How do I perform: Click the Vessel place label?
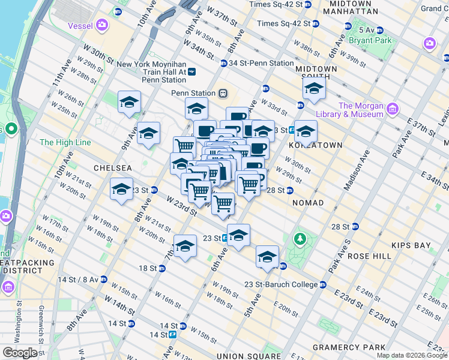pos(80,26)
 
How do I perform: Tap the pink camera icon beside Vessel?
pos(103,25)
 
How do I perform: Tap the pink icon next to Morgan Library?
pos(393,109)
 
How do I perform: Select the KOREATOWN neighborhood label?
pos(315,145)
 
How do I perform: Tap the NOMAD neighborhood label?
pos(307,203)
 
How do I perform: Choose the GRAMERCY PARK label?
pos(349,347)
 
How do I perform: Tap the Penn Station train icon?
pos(223,93)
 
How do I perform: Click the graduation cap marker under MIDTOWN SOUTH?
pos(313,89)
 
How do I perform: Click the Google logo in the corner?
pos(20,352)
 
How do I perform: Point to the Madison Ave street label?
pos(354,175)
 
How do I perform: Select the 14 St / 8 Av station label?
pos(81,279)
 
